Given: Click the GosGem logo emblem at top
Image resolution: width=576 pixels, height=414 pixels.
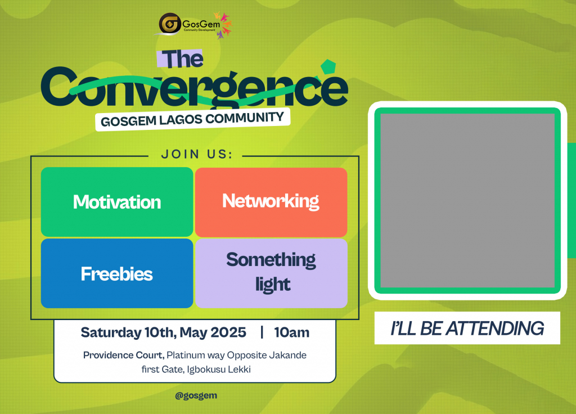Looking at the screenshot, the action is coord(170,24).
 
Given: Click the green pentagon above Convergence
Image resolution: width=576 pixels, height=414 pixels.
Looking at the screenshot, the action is coord(328,67).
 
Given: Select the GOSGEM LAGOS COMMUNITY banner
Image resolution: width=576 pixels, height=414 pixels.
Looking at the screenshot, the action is coord(192,119).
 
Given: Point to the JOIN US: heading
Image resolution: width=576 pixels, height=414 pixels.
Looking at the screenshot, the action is coord(197,154).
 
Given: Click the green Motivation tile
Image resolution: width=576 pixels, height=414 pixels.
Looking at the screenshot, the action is coord(117,202).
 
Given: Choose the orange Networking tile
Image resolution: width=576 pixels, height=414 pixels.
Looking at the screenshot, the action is coord(271,202).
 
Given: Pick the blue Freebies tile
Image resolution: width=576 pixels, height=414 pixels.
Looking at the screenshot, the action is coord(117,273).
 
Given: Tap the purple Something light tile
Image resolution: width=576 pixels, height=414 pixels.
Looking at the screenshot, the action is coord(271,273).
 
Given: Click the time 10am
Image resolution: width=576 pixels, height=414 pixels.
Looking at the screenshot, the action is coord(292,332).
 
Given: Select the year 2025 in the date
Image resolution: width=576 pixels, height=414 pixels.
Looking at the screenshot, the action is coord(228,332).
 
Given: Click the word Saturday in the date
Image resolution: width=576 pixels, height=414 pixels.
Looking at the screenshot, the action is coord(111,332).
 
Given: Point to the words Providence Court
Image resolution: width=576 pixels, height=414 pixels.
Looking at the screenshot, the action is coord(123,355).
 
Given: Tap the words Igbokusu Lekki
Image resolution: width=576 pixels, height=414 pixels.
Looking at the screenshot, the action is coord(219,369).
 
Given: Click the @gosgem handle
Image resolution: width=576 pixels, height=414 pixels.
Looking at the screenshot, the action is coord(196,395).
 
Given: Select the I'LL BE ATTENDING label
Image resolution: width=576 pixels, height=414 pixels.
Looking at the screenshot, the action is coord(467,328).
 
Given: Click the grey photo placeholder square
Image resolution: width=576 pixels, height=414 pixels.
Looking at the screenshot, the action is coord(467,201).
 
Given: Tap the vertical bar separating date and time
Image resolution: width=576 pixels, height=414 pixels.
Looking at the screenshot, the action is coord(262,332).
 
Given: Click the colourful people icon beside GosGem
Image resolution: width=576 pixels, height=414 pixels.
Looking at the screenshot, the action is coord(223,25).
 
